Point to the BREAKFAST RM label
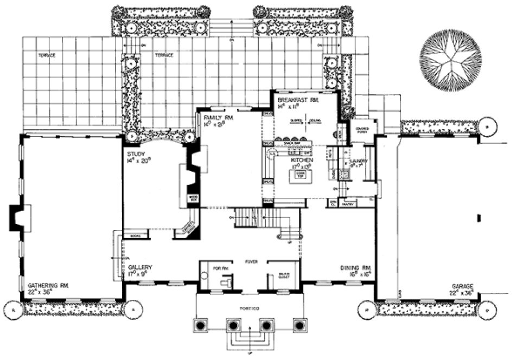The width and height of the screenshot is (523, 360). tap(298, 101)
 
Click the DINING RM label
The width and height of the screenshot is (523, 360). tap(355, 268)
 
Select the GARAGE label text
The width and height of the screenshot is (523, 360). tap(463, 286)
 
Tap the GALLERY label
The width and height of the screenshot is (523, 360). tap(140, 268)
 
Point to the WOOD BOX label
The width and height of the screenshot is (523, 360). tap(193, 199)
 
